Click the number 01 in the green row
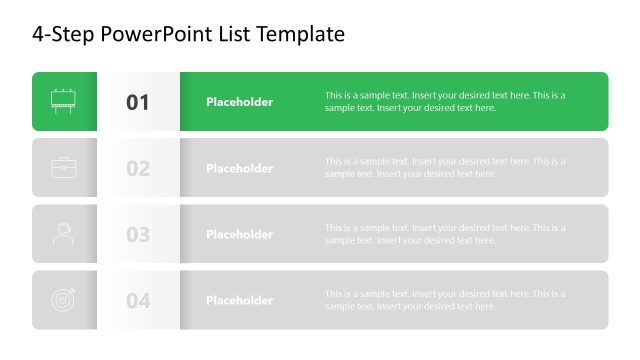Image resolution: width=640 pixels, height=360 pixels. (138, 102)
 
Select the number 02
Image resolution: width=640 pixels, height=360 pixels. (138, 168)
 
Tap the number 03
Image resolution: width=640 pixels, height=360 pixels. (138, 235)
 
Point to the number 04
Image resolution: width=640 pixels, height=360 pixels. (138, 301)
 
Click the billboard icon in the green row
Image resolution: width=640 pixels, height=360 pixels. (64, 101)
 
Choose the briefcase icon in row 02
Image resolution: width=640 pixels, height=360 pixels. (64, 168)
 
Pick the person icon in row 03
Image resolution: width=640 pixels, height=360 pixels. (64, 234)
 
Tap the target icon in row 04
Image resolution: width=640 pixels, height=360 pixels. (64, 300)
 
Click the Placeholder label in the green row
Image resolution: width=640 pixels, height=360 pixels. (239, 102)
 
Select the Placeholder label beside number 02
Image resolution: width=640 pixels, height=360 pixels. (239, 168)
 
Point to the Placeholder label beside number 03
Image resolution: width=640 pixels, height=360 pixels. (239, 234)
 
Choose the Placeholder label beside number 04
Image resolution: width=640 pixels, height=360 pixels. (239, 300)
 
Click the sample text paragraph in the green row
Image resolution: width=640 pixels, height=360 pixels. (445, 102)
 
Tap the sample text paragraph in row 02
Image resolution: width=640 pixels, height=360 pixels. (445, 168)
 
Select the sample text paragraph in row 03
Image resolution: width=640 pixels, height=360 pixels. (445, 234)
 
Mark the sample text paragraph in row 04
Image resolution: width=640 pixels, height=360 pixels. (445, 300)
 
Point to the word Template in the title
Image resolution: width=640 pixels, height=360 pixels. (301, 34)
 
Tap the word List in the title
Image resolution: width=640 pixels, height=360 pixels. (233, 34)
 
